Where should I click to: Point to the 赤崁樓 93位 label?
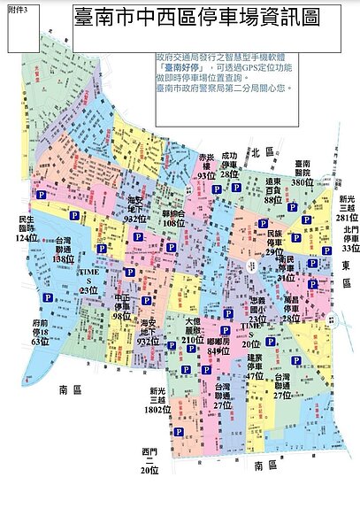(x=206, y=165)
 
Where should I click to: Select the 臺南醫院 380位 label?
(x=303, y=172)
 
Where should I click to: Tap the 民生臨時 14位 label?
(x=27, y=227)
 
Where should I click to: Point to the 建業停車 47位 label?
(x=255, y=366)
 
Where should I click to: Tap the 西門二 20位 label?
(x=149, y=460)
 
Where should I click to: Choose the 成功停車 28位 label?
(x=229, y=165)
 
